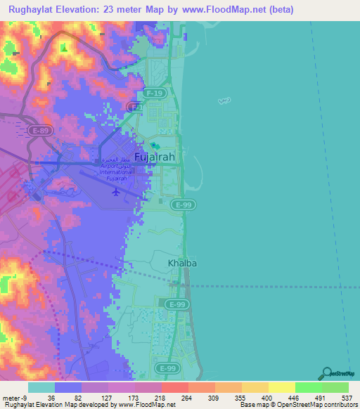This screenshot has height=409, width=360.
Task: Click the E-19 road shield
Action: pyautogui.click(x=154, y=92)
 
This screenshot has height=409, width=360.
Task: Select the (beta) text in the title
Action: pyautogui.click(x=278, y=10)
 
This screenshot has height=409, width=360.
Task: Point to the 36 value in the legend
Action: pyautogui.click(x=51, y=397)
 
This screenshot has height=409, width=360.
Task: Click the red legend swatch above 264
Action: pyautogui.click(x=174, y=387)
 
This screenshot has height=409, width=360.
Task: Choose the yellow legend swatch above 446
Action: pyautogui.click(x=281, y=387)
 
